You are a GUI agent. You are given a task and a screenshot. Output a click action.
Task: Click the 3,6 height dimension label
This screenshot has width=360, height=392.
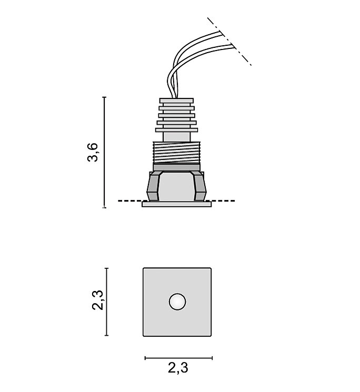93,152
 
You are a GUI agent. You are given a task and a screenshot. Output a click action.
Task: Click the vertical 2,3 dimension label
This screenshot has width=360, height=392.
97,300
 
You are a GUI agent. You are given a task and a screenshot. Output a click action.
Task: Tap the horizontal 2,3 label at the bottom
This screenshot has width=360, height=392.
178,368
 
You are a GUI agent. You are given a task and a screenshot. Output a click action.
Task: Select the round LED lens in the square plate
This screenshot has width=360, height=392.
177,301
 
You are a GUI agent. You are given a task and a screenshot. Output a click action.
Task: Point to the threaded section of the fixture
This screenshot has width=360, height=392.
176,153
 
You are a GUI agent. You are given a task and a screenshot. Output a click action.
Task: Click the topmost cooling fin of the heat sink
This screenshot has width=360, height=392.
176,100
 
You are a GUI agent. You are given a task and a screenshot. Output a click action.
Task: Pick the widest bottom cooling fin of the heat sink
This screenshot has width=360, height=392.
176,130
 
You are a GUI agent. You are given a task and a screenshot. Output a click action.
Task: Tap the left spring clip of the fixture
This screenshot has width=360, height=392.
154,186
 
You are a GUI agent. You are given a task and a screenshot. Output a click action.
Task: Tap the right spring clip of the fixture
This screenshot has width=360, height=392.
199,186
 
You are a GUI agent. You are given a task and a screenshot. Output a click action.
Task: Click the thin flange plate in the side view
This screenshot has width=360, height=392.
176,204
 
